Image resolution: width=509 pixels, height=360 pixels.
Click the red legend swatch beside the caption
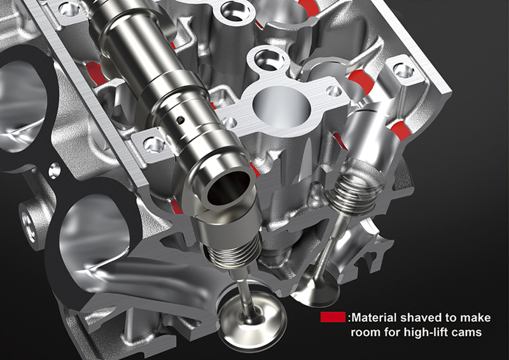pos(333,317)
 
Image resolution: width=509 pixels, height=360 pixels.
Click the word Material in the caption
pos(373,317)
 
